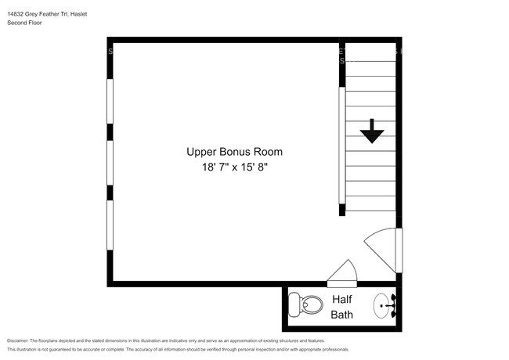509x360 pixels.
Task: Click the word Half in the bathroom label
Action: point(341,299)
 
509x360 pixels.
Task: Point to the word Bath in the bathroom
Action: point(341,315)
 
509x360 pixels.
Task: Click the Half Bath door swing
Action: point(343,273)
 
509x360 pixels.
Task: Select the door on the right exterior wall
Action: point(383,248)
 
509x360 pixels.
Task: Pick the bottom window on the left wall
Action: point(110,225)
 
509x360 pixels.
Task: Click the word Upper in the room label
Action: point(201,152)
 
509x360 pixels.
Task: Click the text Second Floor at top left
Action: point(24,23)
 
